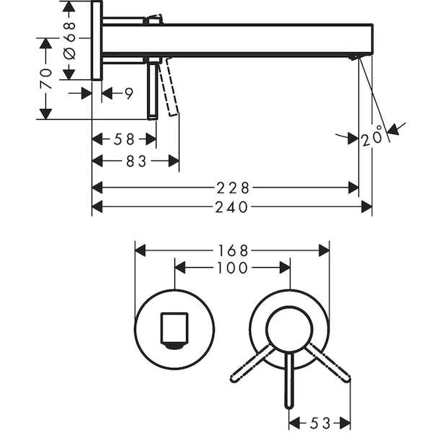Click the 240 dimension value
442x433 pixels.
coord(231,207)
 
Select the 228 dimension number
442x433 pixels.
coord(233,188)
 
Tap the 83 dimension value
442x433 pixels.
coord(136,162)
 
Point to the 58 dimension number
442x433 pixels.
coord(124,139)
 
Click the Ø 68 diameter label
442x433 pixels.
coord(70,40)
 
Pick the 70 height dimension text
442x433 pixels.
coord(45,79)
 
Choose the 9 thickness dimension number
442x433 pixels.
coord(129,93)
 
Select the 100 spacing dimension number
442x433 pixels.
coord(232,268)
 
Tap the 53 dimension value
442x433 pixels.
coord(320,423)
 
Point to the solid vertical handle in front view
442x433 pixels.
coord(289,380)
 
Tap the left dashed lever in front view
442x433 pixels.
coord(252,363)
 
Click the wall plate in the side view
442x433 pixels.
coord(97,40)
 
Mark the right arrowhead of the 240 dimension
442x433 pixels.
coord(367,207)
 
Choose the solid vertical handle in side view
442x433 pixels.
coord(153,88)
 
